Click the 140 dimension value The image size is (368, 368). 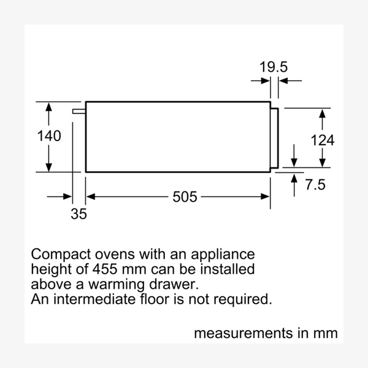50,136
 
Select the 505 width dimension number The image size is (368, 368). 185,197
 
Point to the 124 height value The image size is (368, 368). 322,140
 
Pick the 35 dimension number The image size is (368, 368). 79,214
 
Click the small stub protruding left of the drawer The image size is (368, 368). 79,111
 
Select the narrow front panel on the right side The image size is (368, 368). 275,137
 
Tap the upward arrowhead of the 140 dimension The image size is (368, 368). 49,107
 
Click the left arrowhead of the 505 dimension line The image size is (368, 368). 90,197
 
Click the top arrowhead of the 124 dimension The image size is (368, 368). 322,113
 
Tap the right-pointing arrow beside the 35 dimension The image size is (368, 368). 67,197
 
